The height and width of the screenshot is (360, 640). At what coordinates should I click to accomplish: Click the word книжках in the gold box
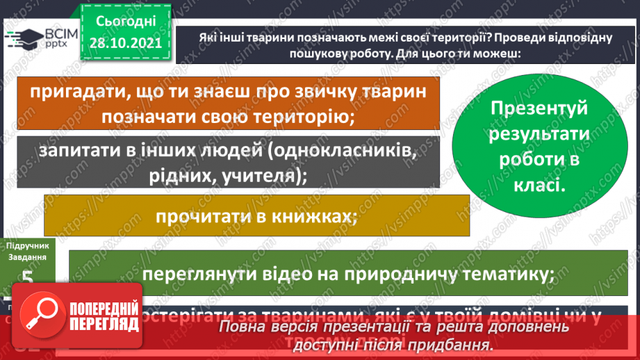pos(313,216)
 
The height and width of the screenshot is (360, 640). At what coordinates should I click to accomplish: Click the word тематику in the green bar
pos(507,274)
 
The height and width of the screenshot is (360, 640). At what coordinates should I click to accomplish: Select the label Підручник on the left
pos(26,245)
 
